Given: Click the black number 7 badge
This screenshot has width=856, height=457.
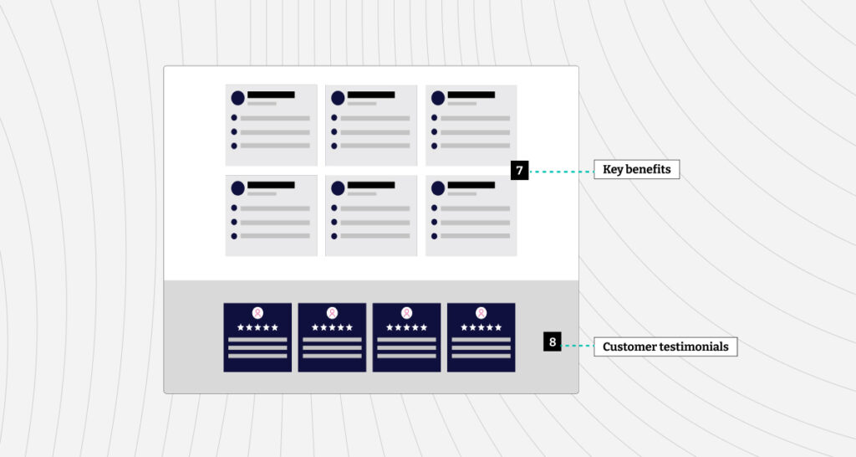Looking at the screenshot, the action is (x=519, y=170).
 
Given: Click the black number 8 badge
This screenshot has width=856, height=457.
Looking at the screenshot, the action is (x=552, y=341).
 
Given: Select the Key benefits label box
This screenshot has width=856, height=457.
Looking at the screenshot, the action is (x=636, y=169).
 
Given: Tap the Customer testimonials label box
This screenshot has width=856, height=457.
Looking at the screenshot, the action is (x=665, y=347).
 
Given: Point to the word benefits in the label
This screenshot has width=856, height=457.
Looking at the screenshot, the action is (x=648, y=169).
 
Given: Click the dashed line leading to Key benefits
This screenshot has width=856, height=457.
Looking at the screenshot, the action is (x=561, y=172).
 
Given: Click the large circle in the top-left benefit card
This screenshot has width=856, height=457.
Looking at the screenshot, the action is (x=238, y=98).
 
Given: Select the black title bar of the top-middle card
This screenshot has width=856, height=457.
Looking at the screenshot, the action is (x=371, y=95).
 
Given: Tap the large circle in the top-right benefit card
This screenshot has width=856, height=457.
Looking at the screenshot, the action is (x=438, y=98).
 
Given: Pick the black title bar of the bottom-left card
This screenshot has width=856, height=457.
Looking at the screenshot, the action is (x=271, y=185).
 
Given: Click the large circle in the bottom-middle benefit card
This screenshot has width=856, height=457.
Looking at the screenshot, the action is (x=338, y=188).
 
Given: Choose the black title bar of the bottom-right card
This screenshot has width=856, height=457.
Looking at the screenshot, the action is (x=471, y=185).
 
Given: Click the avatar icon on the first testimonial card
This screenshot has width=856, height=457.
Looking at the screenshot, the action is (x=257, y=313).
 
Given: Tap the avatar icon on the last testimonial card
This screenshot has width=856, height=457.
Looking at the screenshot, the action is (x=481, y=313).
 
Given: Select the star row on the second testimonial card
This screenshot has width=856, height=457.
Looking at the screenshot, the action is (x=332, y=327).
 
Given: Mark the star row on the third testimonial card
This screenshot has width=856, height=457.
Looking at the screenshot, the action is (x=407, y=327).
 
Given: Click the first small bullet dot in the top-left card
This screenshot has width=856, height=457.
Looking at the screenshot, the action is (x=234, y=117).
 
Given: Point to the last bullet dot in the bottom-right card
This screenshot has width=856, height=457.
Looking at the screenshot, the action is (x=434, y=236).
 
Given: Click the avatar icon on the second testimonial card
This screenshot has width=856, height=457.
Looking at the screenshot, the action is (x=332, y=313).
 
